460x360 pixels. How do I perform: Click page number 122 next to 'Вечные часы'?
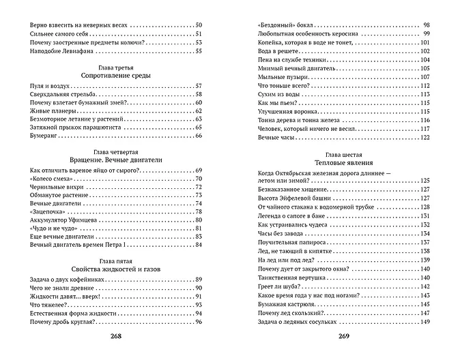click(x=425, y=138)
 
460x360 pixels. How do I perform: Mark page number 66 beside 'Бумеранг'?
click(x=199, y=136)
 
